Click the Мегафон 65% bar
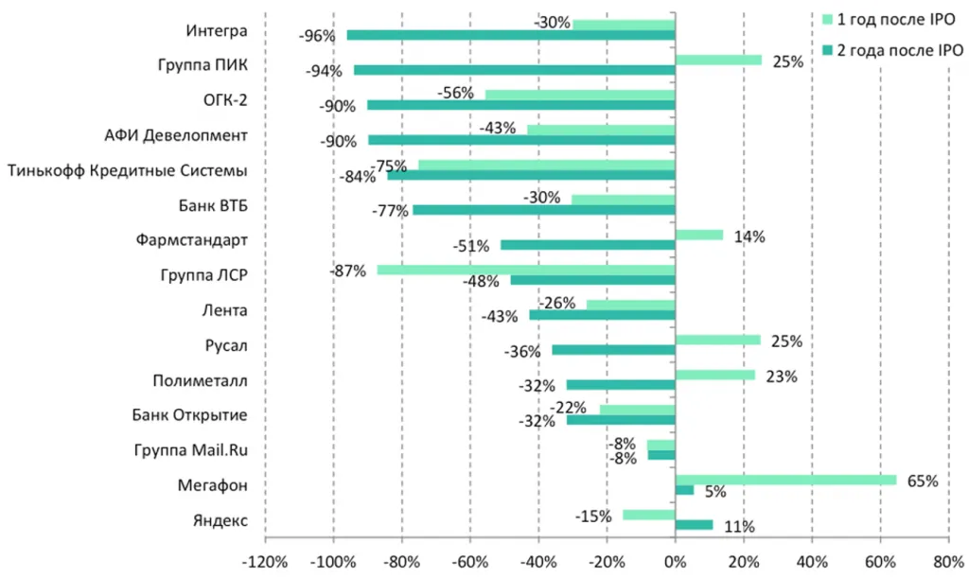(x=785, y=481)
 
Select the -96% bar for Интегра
(x=511, y=35)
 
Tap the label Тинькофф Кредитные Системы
(x=127, y=170)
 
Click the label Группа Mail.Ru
(x=190, y=450)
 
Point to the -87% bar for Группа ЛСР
(x=525, y=270)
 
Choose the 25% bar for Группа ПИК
(x=718, y=61)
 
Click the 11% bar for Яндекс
(x=694, y=525)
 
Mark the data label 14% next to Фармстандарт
(x=749, y=236)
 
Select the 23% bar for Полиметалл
(x=715, y=376)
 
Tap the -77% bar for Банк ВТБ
(x=543, y=209)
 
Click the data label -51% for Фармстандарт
(x=470, y=246)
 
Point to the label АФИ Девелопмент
(x=176, y=135)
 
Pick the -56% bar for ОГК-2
(x=579, y=95)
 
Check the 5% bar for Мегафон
(x=684, y=490)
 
